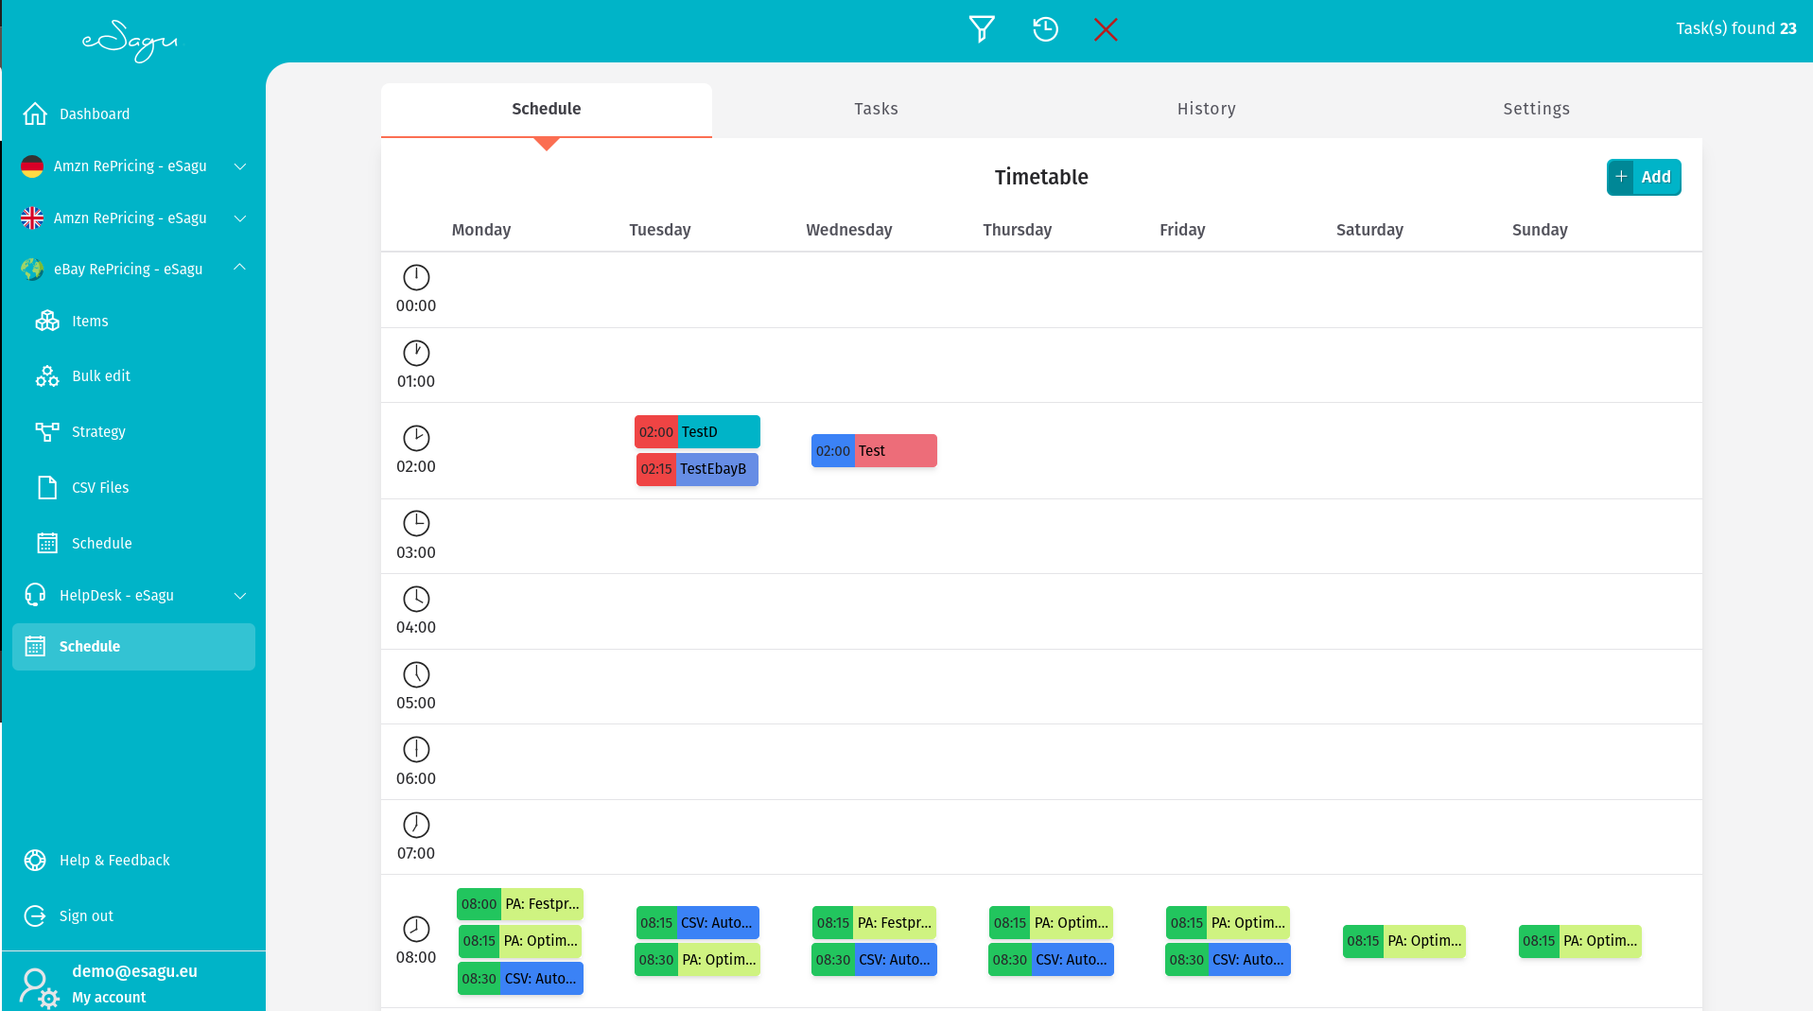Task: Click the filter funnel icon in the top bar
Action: pos(982,29)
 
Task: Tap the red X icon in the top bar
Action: pos(1105,29)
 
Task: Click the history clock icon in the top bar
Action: pos(1045,29)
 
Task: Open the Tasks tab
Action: pos(876,109)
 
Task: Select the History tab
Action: pos(1206,109)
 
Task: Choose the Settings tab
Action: pos(1536,109)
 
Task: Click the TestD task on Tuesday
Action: pos(698,432)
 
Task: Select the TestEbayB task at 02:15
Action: pos(698,469)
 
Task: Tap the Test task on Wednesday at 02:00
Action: pos(874,451)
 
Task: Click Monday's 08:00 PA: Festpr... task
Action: pos(520,904)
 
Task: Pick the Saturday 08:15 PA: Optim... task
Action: pos(1403,941)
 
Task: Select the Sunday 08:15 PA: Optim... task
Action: pos(1579,941)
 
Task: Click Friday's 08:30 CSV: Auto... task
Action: pos(1228,960)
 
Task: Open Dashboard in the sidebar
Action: pos(95,114)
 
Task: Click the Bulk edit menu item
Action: pos(101,376)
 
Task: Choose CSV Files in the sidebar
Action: pos(100,488)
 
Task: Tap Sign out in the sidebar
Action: pos(86,916)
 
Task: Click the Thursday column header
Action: pos(1017,230)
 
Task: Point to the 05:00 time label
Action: pos(416,703)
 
